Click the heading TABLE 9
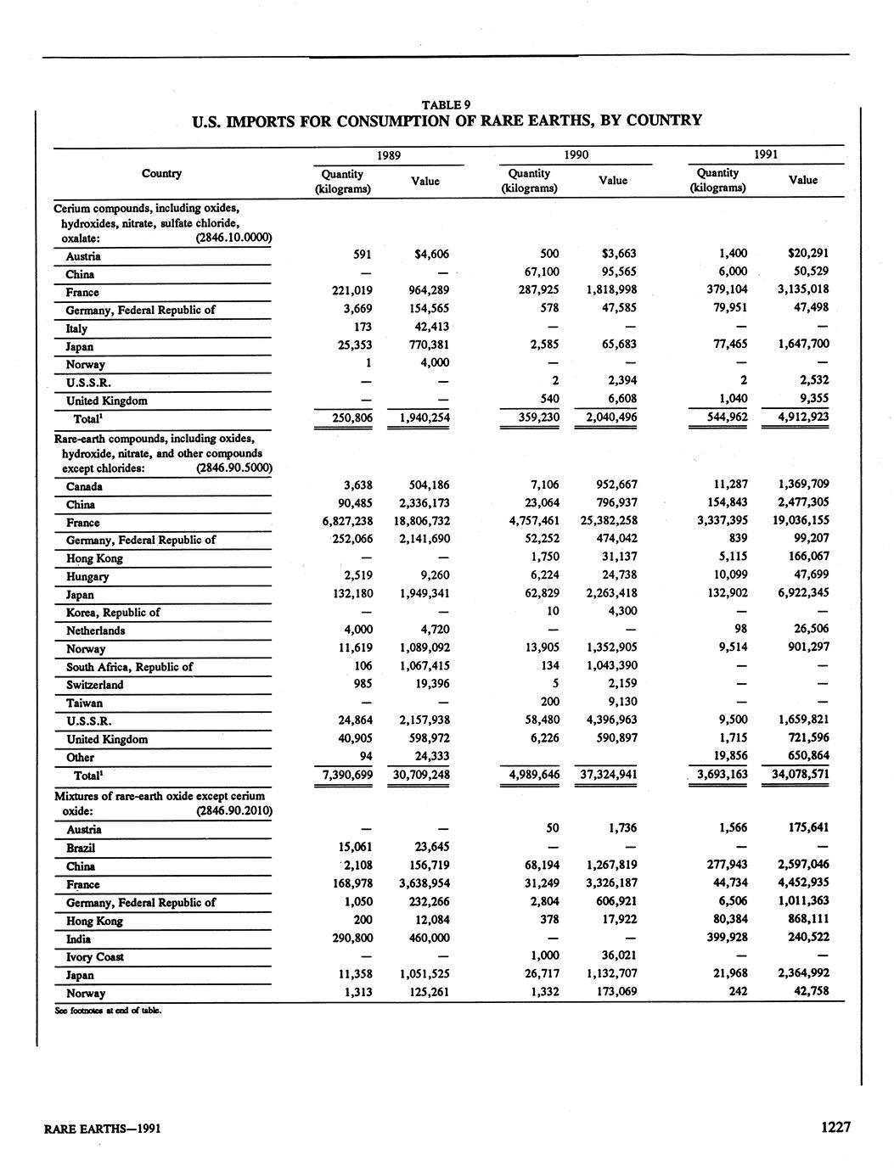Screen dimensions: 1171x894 click(447, 104)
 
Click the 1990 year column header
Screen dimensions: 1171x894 click(576, 155)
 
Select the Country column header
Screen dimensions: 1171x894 click(161, 173)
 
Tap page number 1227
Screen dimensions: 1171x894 click(835, 1127)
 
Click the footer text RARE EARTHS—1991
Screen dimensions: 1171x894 click(103, 1129)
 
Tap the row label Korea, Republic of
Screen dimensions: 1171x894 click(113, 613)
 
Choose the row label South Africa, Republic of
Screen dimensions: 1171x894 click(129, 667)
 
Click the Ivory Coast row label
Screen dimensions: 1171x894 click(95, 957)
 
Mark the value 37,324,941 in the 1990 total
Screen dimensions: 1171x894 click(604, 774)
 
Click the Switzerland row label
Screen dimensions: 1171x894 click(94, 685)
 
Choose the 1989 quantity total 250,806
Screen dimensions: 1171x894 click(345, 417)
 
